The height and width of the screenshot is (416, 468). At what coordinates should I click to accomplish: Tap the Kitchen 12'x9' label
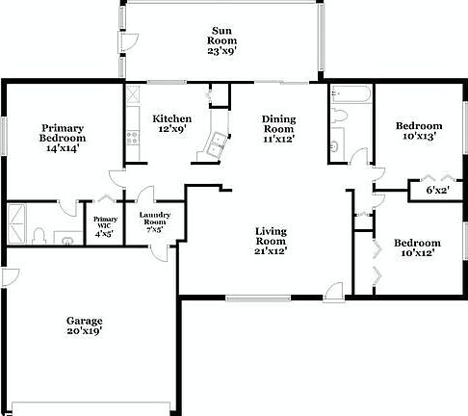click(x=170, y=122)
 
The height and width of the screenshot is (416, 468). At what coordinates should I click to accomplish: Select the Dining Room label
click(x=279, y=128)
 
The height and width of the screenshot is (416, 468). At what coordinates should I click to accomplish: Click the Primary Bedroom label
click(x=62, y=138)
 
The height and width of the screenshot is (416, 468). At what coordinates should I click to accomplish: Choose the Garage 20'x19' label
click(x=84, y=325)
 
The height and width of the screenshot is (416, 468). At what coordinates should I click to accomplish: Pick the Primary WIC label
click(x=104, y=225)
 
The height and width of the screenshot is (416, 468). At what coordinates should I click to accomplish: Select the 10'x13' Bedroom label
click(x=419, y=131)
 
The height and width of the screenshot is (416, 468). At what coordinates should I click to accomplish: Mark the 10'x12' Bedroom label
click(x=417, y=247)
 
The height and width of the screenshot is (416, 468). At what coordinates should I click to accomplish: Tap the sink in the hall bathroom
click(x=335, y=146)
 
